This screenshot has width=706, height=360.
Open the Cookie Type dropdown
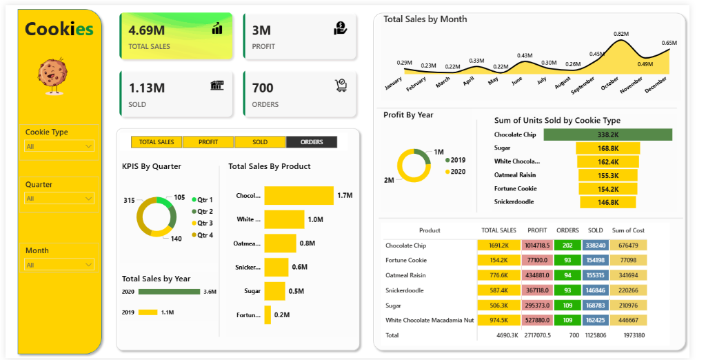[x=59, y=146]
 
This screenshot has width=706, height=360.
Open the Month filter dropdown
[x=59, y=265]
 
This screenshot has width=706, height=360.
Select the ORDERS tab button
[x=312, y=142]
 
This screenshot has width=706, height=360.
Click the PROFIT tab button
[x=208, y=142]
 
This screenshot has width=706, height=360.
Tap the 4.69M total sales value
[x=147, y=30]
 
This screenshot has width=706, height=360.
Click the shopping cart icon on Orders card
[x=341, y=85]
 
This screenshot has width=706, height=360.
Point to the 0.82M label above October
[x=621, y=34]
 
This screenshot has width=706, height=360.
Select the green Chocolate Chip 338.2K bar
[x=607, y=135]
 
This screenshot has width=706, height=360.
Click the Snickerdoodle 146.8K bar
[x=607, y=202]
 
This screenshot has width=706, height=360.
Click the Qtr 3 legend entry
[x=202, y=223]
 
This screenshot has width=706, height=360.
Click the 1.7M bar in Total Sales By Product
[x=299, y=195]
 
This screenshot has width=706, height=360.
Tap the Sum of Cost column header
[x=628, y=230]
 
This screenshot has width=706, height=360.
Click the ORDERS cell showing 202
[x=567, y=246]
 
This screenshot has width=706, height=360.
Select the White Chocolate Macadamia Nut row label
[x=430, y=321]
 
